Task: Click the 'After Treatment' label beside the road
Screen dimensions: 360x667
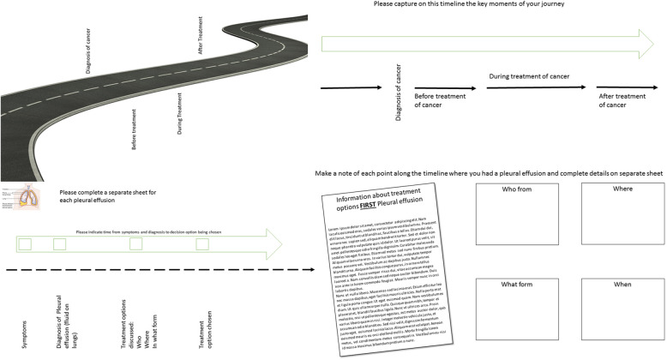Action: point(201,37)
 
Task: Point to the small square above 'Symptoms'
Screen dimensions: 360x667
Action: point(26,245)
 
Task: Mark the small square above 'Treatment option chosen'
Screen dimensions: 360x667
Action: point(202,245)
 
